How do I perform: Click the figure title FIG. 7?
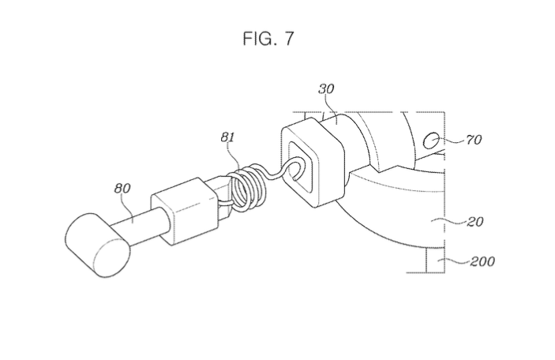(x=268, y=38)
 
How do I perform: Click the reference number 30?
(x=326, y=89)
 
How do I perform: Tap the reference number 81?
(x=227, y=137)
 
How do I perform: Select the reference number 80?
(x=122, y=189)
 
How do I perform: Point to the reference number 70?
(x=474, y=140)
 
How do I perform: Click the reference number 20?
(x=475, y=222)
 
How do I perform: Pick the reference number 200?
(x=482, y=261)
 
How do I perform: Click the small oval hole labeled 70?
(x=432, y=141)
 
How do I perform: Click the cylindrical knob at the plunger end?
(x=97, y=246)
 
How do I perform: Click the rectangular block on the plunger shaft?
(x=183, y=212)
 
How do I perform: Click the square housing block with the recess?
(x=313, y=163)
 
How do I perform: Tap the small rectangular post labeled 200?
(x=435, y=260)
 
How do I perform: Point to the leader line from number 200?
(x=454, y=261)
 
